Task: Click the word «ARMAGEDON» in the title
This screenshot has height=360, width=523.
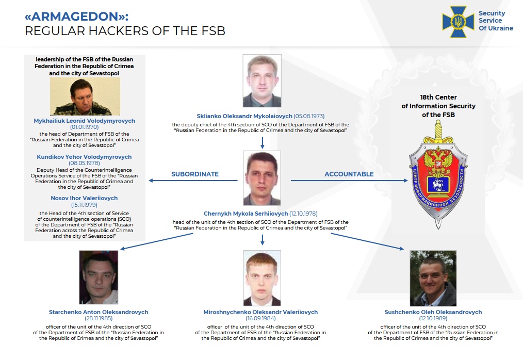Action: tap(76, 17)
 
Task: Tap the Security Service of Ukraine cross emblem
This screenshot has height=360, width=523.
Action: tap(459, 22)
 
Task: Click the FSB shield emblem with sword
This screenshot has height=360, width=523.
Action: tap(438, 175)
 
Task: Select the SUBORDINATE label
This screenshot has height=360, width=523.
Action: tap(195, 174)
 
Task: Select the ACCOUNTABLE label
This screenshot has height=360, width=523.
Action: tap(349, 174)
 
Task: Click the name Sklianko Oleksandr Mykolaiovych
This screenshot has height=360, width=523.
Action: tap(244, 116)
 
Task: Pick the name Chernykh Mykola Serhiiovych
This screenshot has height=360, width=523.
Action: tap(246, 214)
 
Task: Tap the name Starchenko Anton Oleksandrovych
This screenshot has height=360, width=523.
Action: tap(99, 312)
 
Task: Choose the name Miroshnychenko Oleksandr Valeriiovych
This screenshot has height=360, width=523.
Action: tap(260, 312)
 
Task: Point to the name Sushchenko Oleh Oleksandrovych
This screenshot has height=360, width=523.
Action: tap(433, 312)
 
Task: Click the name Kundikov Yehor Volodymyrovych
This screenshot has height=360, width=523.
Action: tap(84, 157)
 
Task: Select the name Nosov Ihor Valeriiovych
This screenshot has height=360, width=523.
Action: tap(84, 198)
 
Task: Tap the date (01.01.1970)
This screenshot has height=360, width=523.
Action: tap(85, 127)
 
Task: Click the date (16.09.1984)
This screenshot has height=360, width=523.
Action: tap(260, 319)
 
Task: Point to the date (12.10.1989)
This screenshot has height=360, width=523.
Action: tap(433, 319)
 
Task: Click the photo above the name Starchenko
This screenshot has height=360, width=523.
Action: tap(99, 277)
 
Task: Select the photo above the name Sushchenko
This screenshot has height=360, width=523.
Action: tap(433, 279)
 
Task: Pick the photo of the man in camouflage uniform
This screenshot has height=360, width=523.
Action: tap(85, 96)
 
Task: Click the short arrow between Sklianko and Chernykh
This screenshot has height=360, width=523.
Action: tap(262, 142)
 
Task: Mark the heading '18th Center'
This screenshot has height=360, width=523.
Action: tap(438, 97)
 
